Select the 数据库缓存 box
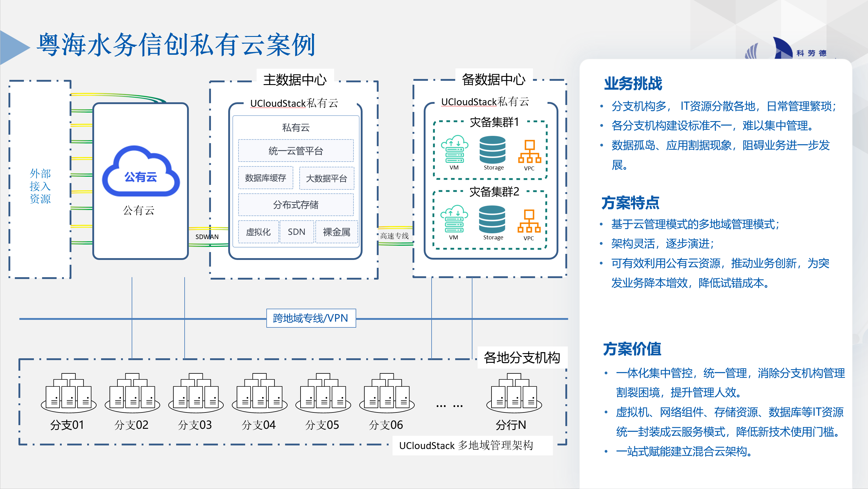point(265,178)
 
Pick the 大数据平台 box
point(326,178)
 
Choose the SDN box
point(297,232)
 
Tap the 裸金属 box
point(336,232)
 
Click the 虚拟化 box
point(258,232)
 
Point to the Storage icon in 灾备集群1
point(492,150)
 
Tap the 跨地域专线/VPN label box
point(311,318)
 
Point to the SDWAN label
point(207,237)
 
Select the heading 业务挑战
point(633,84)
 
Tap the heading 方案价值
point(632,349)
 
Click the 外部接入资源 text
point(40,186)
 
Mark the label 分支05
point(322,425)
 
